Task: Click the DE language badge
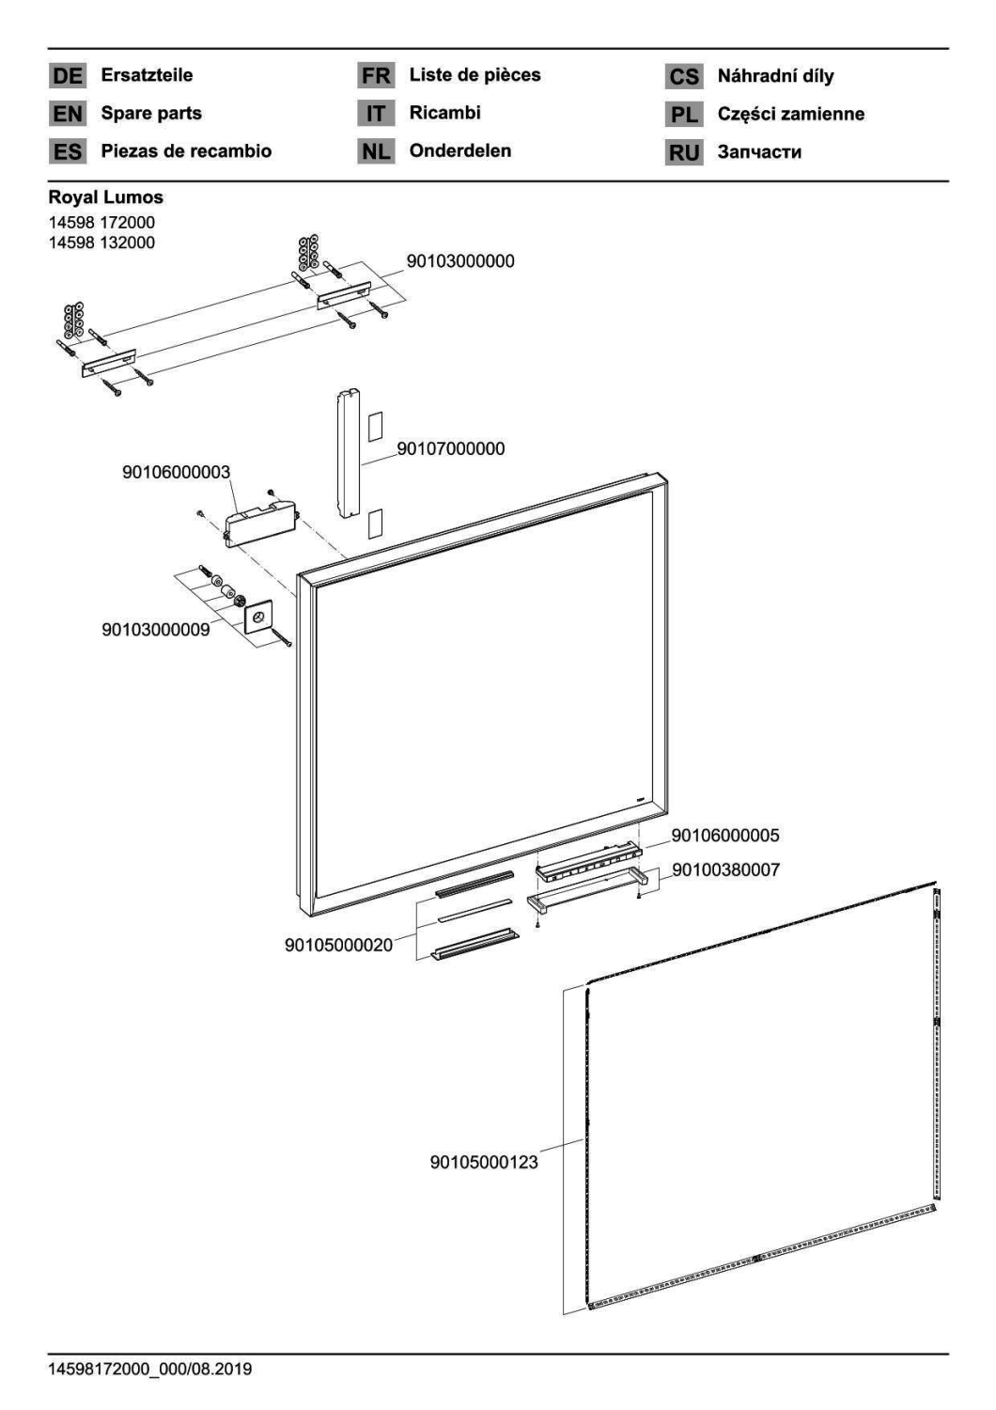click(68, 75)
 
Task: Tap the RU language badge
click(684, 152)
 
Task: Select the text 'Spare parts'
click(151, 114)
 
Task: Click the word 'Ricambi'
click(444, 113)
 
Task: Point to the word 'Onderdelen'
click(459, 150)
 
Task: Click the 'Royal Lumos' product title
click(105, 197)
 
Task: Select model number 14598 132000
click(101, 243)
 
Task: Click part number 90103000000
click(460, 261)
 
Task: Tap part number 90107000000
click(450, 448)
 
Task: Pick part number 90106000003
click(176, 472)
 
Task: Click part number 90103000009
click(155, 630)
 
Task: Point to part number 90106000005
click(725, 836)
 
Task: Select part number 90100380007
click(726, 869)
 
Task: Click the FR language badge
click(376, 75)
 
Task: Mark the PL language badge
click(684, 115)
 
